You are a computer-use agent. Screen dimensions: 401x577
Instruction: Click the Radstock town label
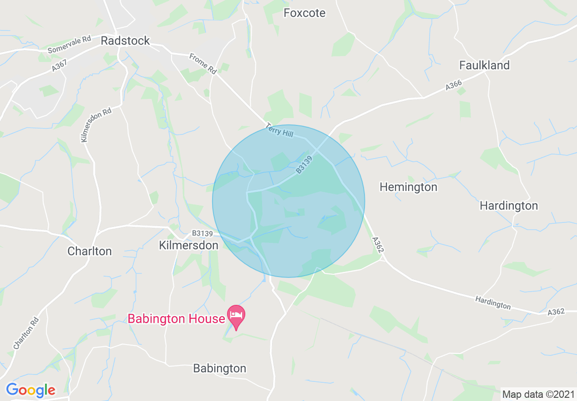point(125,41)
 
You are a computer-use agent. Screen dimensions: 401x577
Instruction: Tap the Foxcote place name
point(304,13)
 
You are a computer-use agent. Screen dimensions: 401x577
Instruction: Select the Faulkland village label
point(484,65)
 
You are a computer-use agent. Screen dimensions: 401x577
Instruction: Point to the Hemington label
point(408,187)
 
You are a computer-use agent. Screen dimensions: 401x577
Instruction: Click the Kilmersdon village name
point(188,245)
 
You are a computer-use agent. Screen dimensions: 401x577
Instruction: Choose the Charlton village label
point(89,251)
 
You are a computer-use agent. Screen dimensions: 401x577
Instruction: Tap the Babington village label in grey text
point(219,368)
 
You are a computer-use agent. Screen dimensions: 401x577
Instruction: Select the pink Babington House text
point(176,319)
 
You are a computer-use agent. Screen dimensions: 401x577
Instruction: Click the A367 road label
point(59,65)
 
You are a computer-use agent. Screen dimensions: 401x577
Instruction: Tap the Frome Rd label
point(203,63)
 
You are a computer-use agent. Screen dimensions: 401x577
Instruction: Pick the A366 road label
point(454,85)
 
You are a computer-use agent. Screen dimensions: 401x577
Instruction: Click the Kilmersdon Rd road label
point(96,125)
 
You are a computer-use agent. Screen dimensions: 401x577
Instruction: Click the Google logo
point(30,390)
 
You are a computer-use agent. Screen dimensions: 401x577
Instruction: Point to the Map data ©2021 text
point(538,394)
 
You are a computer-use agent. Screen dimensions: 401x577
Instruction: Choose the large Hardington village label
point(509,206)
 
